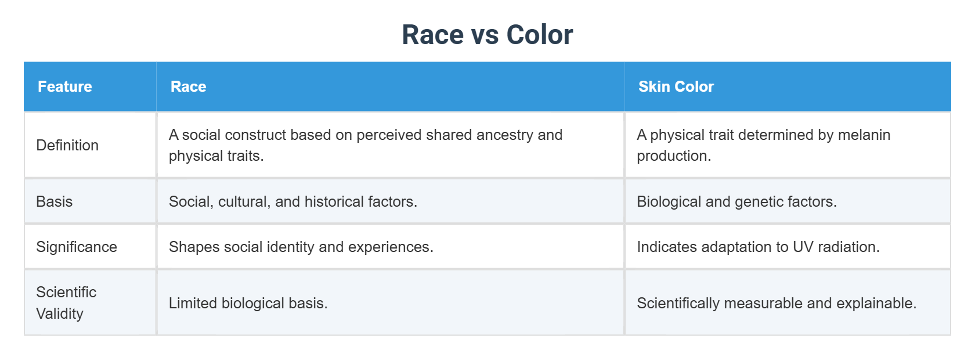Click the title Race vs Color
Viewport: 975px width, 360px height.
coord(487,35)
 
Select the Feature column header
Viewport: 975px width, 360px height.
coord(65,87)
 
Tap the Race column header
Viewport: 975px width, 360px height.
coord(189,87)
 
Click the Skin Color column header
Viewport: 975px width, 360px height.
coord(676,87)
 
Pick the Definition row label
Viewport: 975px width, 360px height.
coord(67,145)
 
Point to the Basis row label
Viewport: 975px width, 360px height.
coord(55,201)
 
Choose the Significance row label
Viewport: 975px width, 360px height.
coord(77,247)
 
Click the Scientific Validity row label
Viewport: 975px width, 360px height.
coord(66,303)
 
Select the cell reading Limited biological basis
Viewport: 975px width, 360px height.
coord(248,303)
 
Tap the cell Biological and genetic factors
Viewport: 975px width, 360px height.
coord(736,201)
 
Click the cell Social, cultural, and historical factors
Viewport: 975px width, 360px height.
coord(293,201)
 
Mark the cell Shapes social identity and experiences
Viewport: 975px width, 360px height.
coord(301,247)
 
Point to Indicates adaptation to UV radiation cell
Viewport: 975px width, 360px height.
coord(758,247)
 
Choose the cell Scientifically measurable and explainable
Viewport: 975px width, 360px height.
coord(777,303)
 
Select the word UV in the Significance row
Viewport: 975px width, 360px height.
coord(803,247)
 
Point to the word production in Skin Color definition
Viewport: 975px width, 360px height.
coord(673,156)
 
